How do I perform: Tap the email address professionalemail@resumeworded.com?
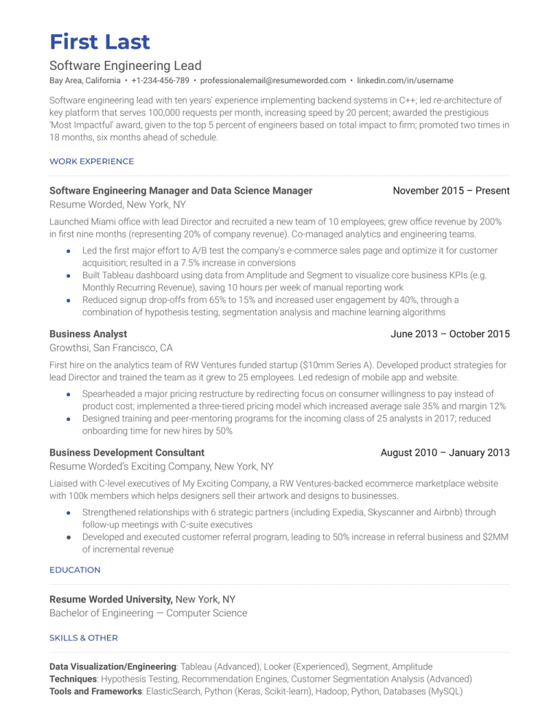coord(273,80)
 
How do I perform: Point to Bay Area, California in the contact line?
coord(85,80)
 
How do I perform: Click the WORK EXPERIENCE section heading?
coord(91,161)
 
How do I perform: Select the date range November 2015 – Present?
coord(451,191)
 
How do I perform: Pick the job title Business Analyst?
coord(87,334)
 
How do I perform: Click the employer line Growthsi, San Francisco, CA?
coord(111,348)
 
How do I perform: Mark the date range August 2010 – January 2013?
coord(445,453)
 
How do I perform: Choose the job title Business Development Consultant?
coord(126,453)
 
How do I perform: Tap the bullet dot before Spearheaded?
coord(68,394)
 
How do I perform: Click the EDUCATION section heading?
coord(75,570)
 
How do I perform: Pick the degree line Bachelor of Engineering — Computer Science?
coord(148,613)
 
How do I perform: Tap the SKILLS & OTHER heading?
coord(83,638)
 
